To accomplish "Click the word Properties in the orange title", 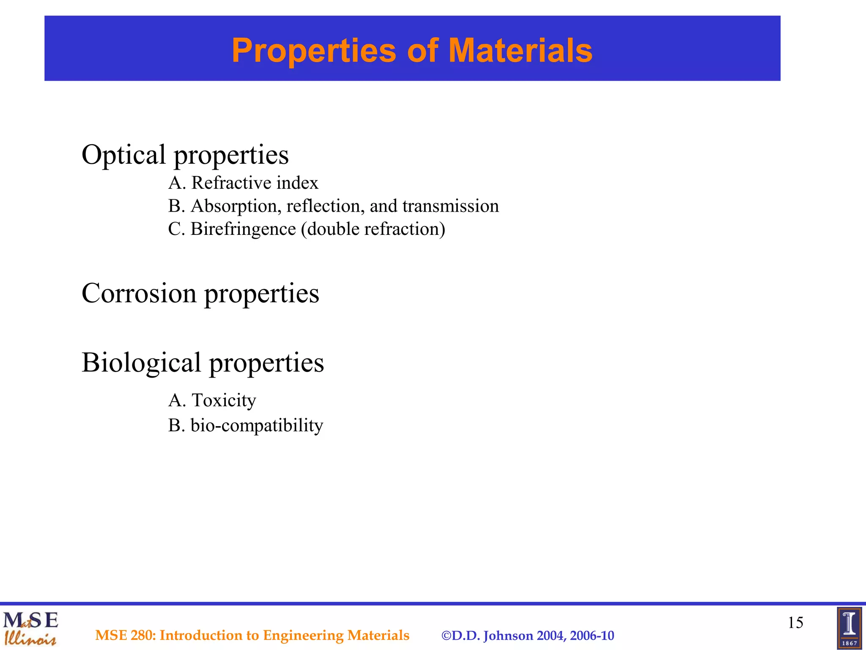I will tap(314, 50).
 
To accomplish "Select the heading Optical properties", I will tap(185, 155).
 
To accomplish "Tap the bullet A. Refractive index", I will tap(243, 183).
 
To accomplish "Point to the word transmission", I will tap(450, 206).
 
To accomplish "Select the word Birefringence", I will tap(243, 229).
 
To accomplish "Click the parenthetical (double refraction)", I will tap(373, 229).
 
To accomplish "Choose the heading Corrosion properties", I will tap(200, 293).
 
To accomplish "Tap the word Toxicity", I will tap(224, 400).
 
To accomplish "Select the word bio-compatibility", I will tap(257, 425).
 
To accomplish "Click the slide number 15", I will tap(795, 622).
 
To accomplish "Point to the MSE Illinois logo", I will tap(30, 628).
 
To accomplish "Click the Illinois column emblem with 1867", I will tap(849, 628).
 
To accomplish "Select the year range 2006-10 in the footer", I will tap(592, 636).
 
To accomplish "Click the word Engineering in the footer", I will tap(303, 636).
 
